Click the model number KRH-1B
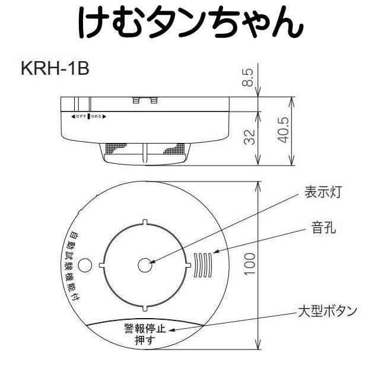[55, 68]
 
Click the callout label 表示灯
[323, 192]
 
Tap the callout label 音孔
[323, 227]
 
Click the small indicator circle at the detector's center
[145, 265]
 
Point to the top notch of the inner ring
[145, 223]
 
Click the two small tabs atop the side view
[145, 100]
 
